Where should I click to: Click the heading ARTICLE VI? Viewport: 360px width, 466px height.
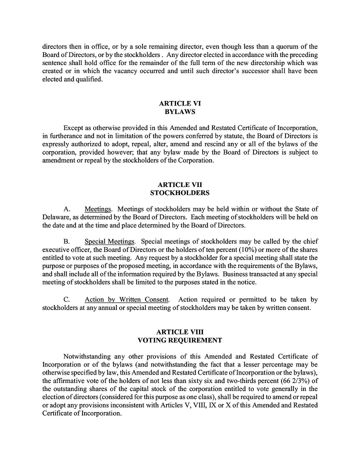point(180,103)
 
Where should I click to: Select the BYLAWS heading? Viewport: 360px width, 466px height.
point(180,112)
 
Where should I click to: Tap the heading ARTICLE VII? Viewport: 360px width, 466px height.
point(180,184)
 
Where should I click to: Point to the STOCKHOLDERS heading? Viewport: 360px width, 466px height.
point(180,193)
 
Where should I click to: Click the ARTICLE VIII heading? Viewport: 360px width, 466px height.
point(180,332)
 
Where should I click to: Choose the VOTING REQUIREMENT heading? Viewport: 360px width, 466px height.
point(180,340)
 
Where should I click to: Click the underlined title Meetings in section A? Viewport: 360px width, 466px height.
point(97,209)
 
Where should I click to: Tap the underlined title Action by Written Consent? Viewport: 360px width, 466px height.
point(126,299)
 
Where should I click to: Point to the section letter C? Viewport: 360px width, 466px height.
point(66,299)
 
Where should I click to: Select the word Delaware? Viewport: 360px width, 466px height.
point(56,217)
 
